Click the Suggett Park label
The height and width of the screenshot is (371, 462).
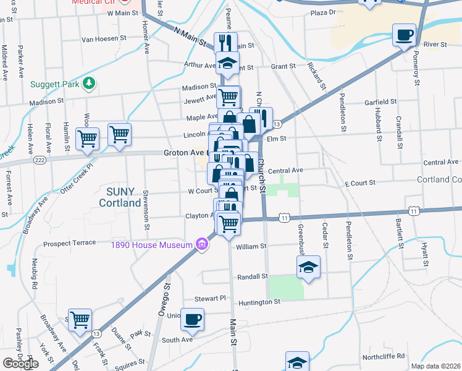point(54,83)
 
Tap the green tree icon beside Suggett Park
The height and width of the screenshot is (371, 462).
point(89,83)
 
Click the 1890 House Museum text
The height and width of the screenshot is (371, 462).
point(152,245)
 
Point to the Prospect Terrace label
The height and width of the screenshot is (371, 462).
point(69,243)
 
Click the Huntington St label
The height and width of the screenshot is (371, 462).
point(259,302)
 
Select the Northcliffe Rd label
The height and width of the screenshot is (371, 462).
point(384,356)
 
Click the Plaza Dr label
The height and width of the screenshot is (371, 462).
point(327,12)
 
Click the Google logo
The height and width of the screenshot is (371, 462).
point(20,364)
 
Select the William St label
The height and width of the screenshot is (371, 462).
point(251,246)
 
